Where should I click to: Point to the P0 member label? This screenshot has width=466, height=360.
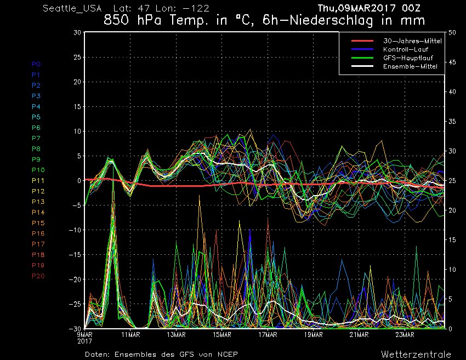point(36,64)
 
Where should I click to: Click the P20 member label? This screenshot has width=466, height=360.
point(38,276)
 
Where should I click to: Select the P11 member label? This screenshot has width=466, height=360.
point(38,180)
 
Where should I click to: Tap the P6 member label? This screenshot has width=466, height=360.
point(36,128)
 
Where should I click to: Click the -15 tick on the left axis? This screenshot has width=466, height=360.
point(76,255)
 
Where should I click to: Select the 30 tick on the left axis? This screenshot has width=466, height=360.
point(78,32)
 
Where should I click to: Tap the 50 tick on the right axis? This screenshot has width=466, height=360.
point(452,32)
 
